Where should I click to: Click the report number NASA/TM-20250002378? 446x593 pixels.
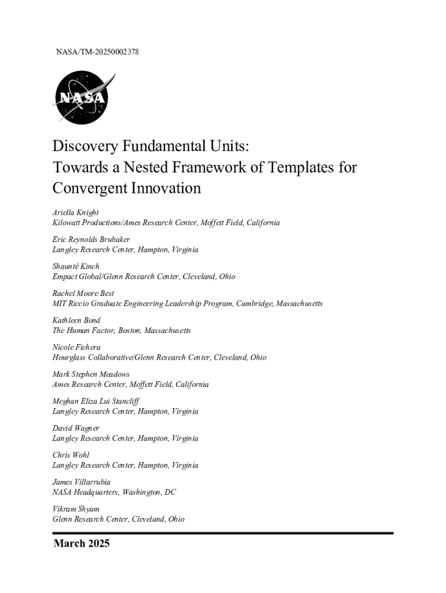(97, 53)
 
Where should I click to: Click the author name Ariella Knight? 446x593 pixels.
(72, 213)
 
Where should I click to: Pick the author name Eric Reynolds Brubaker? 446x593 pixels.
(91, 239)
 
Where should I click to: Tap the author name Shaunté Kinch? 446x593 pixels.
(76, 266)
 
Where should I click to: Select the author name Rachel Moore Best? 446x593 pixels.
(83, 293)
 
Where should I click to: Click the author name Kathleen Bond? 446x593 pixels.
(76, 320)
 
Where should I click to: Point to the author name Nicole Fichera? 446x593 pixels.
(76, 347)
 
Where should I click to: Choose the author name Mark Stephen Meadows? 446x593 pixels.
(91, 374)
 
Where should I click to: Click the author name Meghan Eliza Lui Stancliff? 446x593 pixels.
(96, 401)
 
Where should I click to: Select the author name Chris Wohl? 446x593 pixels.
(71, 455)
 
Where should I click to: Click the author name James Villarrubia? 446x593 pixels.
(81, 482)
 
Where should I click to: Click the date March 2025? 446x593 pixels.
(82, 544)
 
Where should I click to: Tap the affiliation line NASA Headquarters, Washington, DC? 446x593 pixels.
(114, 492)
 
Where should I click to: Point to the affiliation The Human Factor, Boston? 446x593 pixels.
(121, 331)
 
